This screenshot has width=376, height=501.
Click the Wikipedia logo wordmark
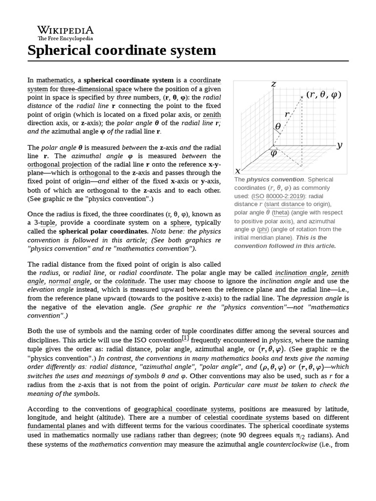tap(65, 30)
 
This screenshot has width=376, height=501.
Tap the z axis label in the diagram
tap(274, 84)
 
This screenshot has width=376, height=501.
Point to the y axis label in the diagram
tap(339, 145)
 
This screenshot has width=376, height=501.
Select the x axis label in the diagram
tap(238, 171)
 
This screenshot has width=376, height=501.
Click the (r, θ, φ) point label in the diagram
tap(324, 95)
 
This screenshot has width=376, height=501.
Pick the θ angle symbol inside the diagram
tap(278, 126)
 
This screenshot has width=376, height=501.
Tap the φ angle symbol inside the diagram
tap(274, 153)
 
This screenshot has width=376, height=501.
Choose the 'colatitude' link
tap(129, 281)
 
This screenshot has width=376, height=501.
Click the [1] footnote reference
tap(186, 338)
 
